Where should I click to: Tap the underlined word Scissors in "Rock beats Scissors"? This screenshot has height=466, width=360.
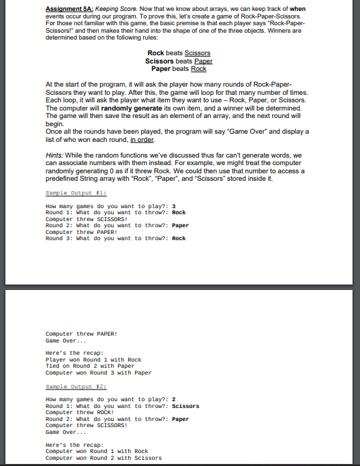tap(198, 53)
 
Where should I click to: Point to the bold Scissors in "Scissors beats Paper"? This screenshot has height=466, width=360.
tap(159, 61)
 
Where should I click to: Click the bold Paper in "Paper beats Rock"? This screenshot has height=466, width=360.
tap(161, 68)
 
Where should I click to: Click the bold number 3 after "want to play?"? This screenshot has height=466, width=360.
tap(174, 205)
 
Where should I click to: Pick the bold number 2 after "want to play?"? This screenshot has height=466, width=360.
tap(174, 400)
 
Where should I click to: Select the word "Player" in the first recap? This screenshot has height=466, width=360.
tap(56, 360)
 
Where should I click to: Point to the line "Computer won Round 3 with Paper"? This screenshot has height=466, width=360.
tap(98, 373)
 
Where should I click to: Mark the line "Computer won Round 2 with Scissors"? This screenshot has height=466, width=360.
tap(103, 458)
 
